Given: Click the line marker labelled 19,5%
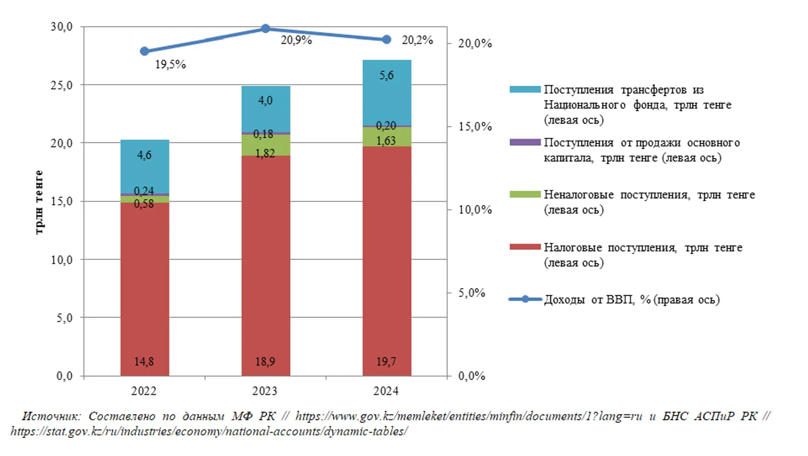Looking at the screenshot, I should [x=145, y=51].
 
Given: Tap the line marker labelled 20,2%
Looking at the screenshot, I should [x=387, y=39].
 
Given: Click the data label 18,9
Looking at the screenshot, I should [x=265, y=362].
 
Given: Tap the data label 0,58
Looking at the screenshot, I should [x=144, y=204].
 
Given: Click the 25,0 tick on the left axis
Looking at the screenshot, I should [x=61, y=85].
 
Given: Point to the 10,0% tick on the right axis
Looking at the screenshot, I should [x=475, y=210].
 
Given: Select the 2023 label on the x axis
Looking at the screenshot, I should [x=265, y=391].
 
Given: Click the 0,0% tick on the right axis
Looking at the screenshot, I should [x=471, y=376].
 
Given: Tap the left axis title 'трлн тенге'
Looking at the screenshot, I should [x=39, y=202].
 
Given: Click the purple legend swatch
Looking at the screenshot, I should [x=525, y=143].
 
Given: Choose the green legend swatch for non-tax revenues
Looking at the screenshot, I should [x=525, y=195].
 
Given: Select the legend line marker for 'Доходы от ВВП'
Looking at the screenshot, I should [x=525, y=299].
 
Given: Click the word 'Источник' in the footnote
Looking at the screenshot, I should [x=51, y=417].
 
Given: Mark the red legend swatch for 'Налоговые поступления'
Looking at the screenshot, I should [x=525, y=247].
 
